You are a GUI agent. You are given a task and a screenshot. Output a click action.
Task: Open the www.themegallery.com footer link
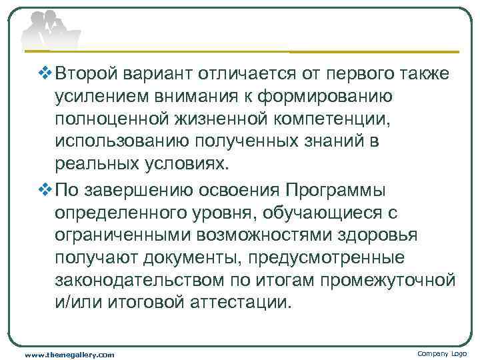click(69, 354)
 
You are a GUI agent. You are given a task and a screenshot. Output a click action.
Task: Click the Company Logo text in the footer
click(442, 353)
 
